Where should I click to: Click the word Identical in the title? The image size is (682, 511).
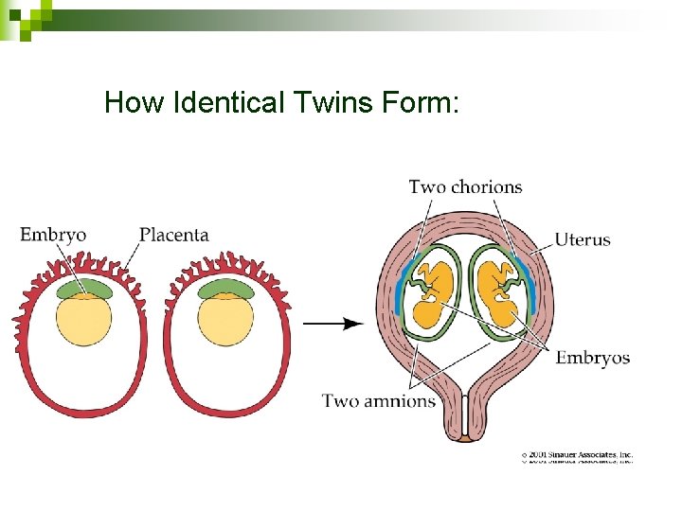(226, 102)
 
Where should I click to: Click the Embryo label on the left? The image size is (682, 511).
(53, 235)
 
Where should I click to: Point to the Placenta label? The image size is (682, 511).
(174, 235)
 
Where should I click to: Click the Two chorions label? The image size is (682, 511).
(465, 186)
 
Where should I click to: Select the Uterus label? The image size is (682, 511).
(583, 239)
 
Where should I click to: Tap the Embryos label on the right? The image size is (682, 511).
(592, 358)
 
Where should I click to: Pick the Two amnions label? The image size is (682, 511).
(379, 400)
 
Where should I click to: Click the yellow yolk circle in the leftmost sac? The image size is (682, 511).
(84, 319)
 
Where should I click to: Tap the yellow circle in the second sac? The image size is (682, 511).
(225, 319)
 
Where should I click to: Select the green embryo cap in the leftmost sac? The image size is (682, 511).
(84, 288)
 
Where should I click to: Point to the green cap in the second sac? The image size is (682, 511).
(225, 288)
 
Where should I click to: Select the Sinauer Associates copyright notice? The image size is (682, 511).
(578, 455)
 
